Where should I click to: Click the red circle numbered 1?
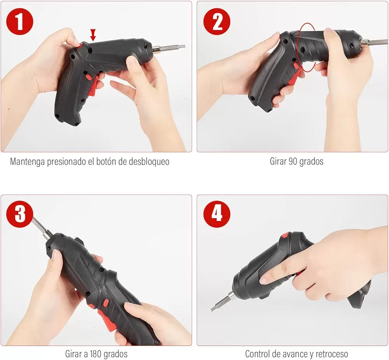pos(19,21)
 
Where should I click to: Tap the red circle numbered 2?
pos(217,21)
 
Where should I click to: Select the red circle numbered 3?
pos(19,214)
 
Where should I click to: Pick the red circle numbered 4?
pos(217,214)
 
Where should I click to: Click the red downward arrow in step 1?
pos(93,35)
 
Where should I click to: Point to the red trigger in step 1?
pos(92,87)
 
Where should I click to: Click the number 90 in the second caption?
pos(293,161)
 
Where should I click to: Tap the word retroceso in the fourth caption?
pos(332,354)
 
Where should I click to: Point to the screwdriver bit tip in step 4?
pos(213,308)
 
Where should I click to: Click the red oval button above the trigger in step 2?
pos(296,65)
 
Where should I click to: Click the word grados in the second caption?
pos(312,162)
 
